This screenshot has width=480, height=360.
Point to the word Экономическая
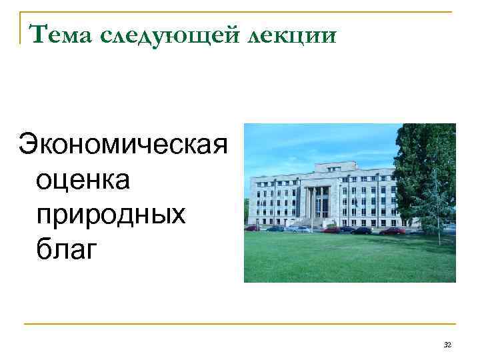coord(124,143)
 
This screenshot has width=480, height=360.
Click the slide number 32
coord(447,344)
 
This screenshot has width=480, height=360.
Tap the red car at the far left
coord(253,228)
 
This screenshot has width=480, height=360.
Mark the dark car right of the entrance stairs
coord(361,231)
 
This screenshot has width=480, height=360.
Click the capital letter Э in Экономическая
coord(28,143)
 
